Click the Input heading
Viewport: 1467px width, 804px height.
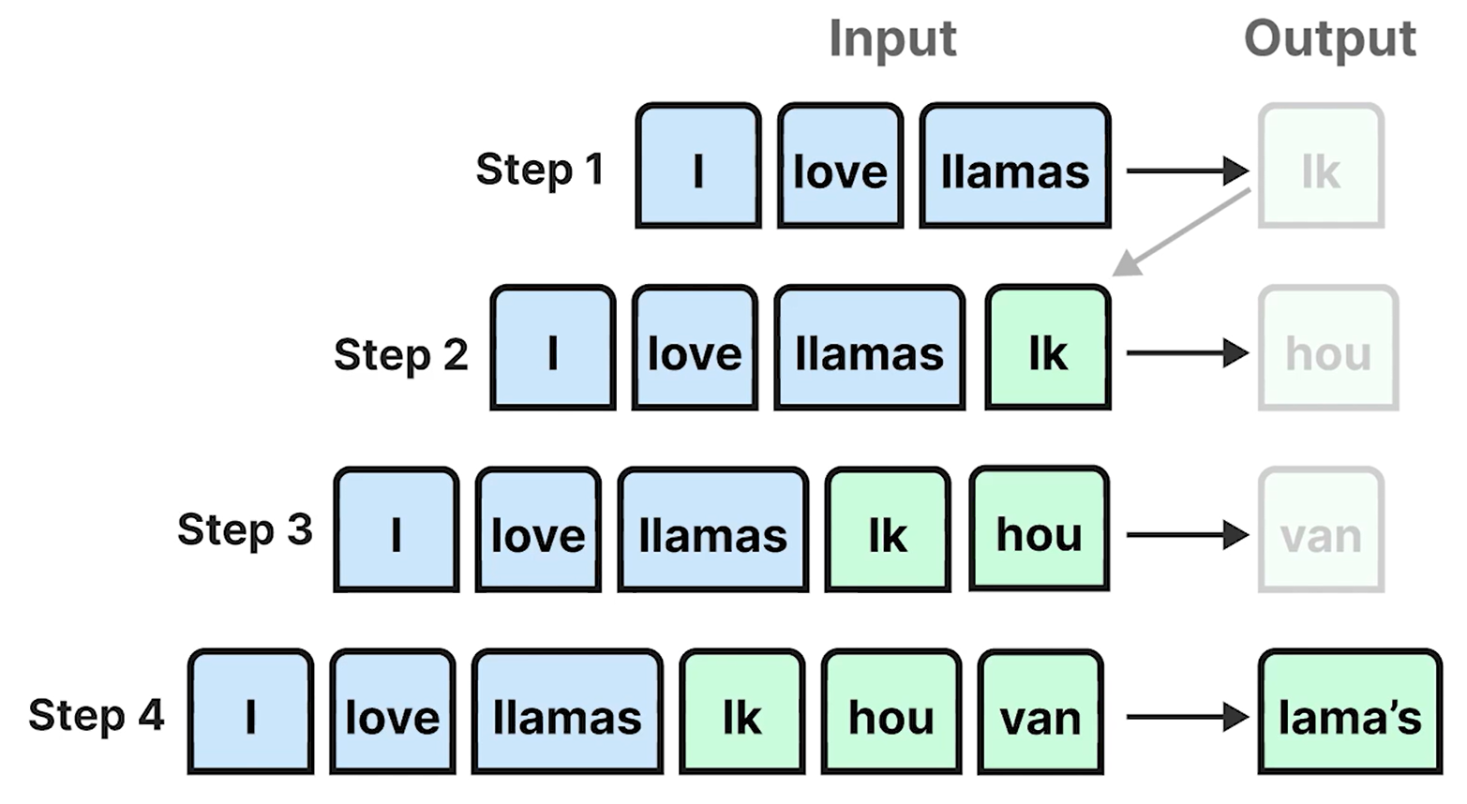(891, 39)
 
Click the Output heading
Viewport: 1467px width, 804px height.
(1328, 39)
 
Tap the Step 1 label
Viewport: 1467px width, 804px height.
(539, 170)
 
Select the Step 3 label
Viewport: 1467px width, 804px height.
(245, 529)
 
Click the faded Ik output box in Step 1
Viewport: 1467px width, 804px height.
(1321, 167)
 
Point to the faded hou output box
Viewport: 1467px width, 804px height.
(1328, 349)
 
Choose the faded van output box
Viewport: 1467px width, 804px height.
(1321, 530)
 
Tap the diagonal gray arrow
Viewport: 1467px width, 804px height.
(1181, 233)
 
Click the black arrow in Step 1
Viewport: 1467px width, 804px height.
(1187, 171)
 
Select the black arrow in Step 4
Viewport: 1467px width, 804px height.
(1187, 718)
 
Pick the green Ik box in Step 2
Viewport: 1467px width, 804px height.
(1047, 349)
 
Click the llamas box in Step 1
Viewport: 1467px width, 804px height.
(1014, 167)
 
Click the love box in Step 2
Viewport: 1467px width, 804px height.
(694, 349)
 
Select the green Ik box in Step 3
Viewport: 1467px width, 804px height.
(887, 530)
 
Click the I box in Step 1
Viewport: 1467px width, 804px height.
(697, 167)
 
